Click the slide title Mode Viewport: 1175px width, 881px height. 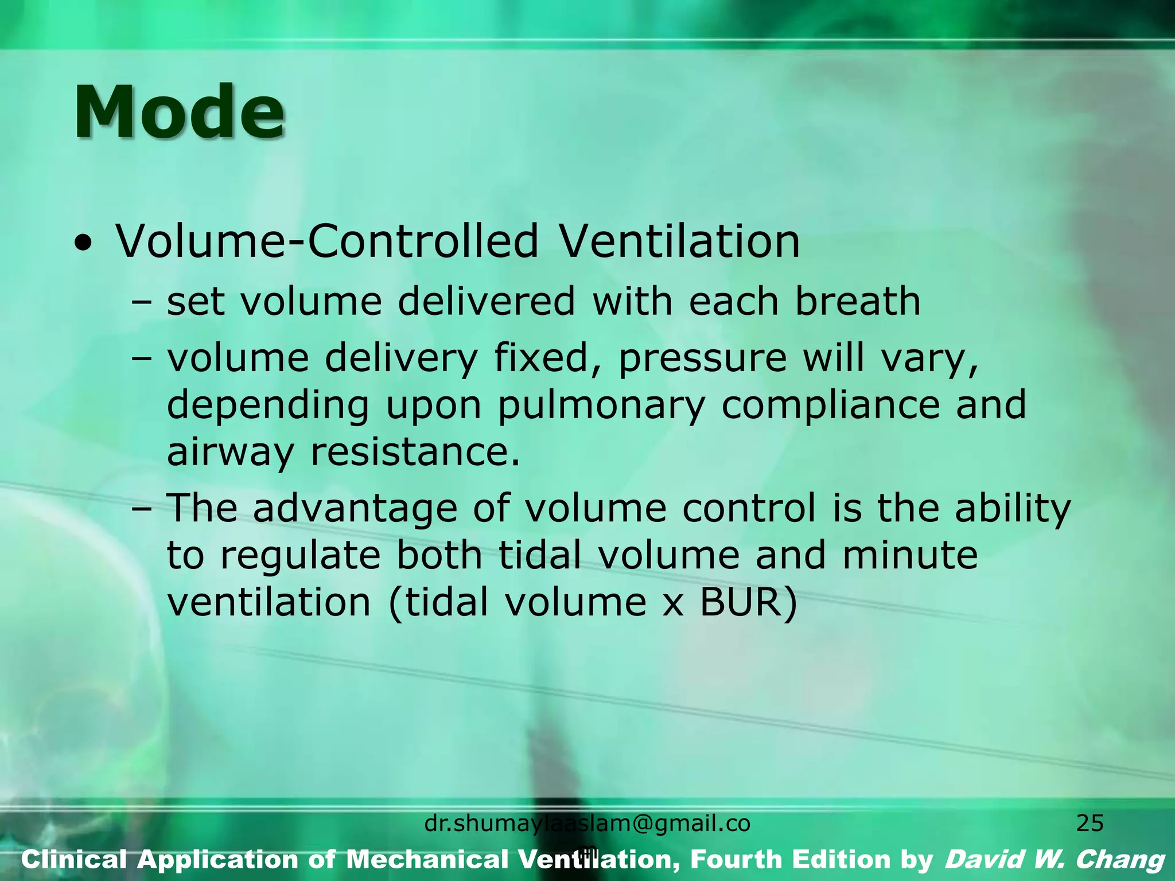(179, 112)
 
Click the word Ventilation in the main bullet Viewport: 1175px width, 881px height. (679, 241)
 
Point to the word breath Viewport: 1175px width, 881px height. (857, 302)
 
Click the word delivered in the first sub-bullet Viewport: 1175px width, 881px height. (486, 302)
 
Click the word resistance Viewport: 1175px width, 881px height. (415, 452)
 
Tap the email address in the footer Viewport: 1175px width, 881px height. (587, 824)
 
